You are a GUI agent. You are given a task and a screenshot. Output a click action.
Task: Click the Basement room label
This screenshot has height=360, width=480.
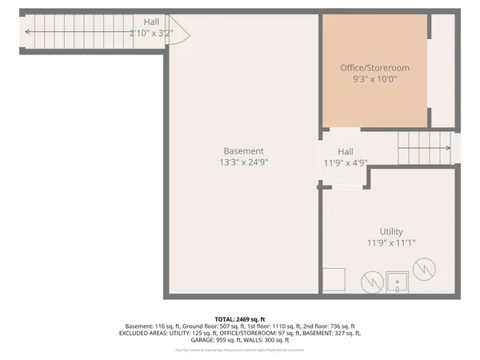[x=243, y=150]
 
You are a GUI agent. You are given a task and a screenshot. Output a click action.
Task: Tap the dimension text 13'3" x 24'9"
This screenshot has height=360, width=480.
[x=243, y=162]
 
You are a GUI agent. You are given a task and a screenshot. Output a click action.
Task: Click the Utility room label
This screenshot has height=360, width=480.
[x=391, y=231]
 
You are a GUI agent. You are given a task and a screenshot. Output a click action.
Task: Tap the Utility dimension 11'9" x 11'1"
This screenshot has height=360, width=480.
[x=391, y=242]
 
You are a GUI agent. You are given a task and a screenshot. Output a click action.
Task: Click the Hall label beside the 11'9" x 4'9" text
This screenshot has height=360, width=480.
[x=345, y=151]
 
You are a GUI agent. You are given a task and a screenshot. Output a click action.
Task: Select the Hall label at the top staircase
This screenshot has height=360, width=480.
[x=151, y=22]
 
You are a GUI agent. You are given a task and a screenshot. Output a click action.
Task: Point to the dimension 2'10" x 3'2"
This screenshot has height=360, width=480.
[x=151, y=33]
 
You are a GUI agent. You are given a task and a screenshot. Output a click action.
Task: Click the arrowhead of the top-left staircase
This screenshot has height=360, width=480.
[x=28, y=32]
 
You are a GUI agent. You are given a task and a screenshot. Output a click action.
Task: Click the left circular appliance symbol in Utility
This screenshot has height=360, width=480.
[x=371, y=282]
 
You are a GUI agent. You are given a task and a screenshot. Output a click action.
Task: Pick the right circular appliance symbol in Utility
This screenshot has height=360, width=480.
[x=425, y=272]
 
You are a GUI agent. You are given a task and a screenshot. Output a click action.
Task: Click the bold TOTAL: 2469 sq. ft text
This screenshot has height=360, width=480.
[x=240, y=318]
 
